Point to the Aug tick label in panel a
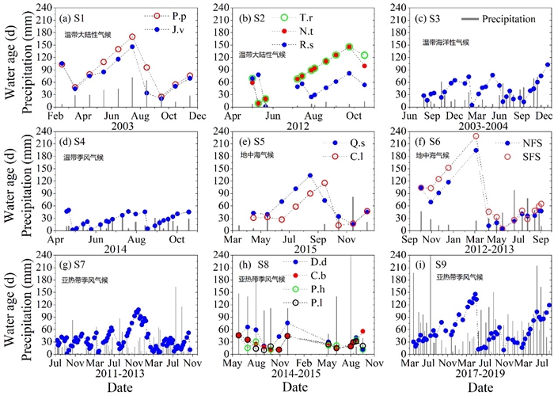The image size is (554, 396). coord(132,116)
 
